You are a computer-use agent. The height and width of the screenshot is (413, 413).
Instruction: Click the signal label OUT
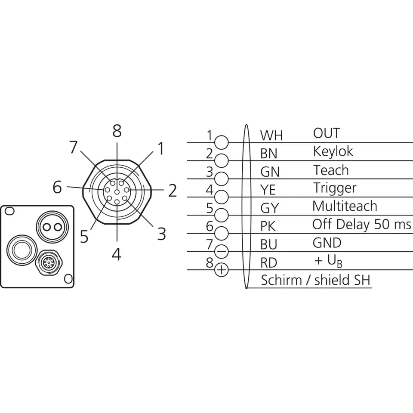[326, 133]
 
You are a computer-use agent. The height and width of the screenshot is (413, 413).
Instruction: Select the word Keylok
[333, 151]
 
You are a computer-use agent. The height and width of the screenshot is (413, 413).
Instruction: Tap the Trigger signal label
[334, 188]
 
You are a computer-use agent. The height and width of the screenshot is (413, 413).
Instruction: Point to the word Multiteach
[345, 206]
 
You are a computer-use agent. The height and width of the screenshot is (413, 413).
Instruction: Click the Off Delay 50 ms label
[361, 224]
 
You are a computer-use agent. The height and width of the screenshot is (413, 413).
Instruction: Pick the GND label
[327, 243]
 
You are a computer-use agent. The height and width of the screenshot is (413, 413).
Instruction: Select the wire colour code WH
[271, 136]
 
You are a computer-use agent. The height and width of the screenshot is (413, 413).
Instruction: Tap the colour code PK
[270, 226]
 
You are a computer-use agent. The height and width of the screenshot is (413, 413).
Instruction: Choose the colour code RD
[269, 262]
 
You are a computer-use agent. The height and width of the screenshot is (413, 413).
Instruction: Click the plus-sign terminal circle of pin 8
[221, 270]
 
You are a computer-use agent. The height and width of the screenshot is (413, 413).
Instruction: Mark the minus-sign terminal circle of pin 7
[221, 252]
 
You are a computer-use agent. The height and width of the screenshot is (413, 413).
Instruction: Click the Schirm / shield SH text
[316, 280]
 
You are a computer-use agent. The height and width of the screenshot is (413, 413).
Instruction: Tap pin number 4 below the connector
[116, 255]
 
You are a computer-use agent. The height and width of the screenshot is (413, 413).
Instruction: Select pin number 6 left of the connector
[57, 187]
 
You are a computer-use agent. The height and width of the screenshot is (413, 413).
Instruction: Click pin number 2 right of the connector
[173, 190]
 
